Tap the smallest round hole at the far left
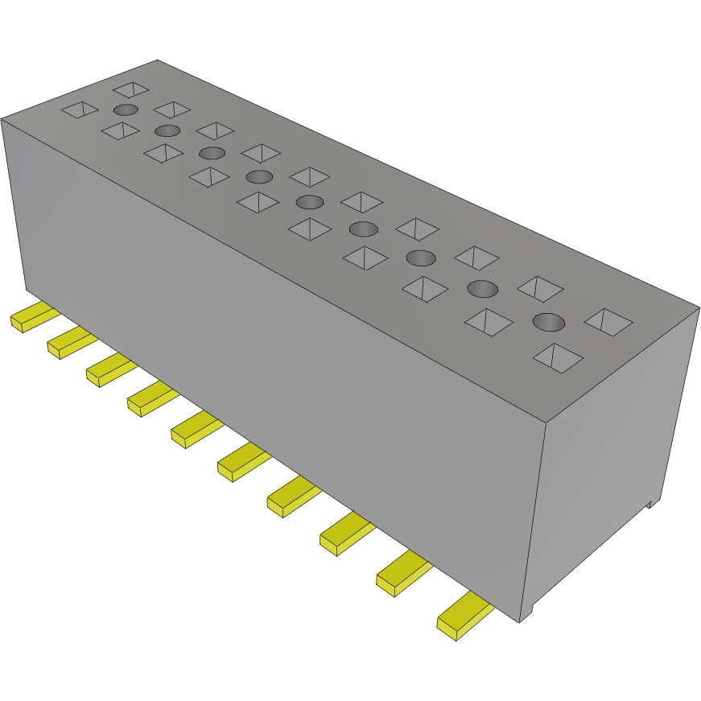point(125,110)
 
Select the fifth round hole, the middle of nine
point(309,201)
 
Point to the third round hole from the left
point(212,154)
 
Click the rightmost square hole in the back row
point(608,322)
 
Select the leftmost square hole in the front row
point(80,110)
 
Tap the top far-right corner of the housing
point(699,306)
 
